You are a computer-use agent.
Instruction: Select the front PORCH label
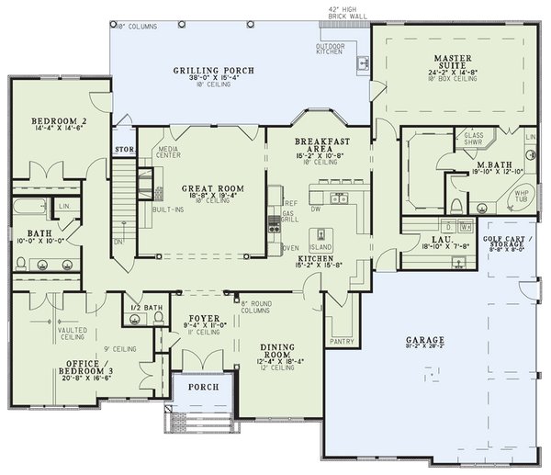(x=203, y=387)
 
